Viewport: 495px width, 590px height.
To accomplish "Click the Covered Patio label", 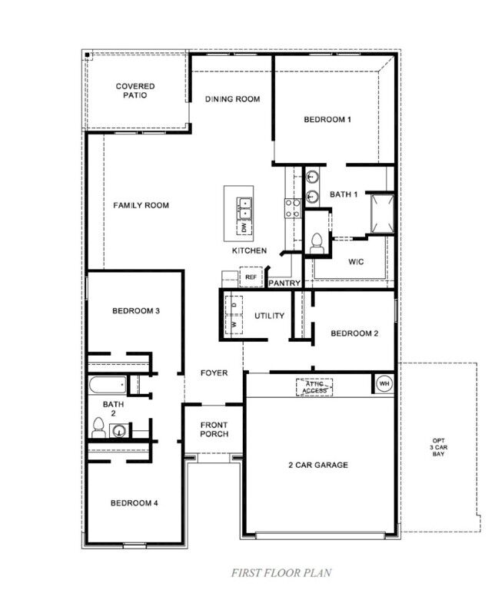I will coord(135,91).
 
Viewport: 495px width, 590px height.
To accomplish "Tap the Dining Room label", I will coord(232,99).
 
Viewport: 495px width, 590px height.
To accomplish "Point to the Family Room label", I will coord(141,205).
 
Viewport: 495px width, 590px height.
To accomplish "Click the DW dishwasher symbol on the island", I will coord(244,228).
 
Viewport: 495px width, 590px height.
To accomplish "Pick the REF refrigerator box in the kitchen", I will coord(251,277).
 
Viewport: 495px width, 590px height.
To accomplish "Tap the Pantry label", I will coord(284,283).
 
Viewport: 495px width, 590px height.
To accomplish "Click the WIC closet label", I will coord(355,262).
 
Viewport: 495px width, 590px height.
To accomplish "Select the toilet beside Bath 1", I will coord(317,243).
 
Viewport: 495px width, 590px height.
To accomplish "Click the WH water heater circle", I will coord(383,383).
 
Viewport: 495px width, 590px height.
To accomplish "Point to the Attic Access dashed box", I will coord(314,386).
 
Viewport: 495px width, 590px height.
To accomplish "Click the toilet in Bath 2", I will coord(98,429).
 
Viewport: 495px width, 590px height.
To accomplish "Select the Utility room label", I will coord(269,316).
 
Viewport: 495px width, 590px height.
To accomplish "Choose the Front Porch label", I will coord(214,430).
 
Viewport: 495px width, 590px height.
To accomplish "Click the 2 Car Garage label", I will coord(318,465).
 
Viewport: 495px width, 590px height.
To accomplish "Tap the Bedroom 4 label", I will coord(134,503).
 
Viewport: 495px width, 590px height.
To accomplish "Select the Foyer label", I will coord(214,373).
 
